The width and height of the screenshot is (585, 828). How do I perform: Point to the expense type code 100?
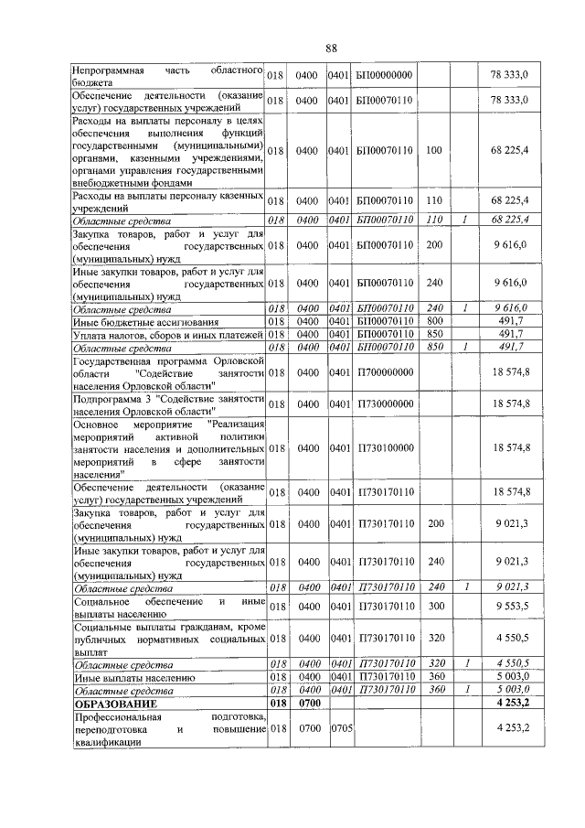pos(434,149)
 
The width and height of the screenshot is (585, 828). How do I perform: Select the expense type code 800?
pos(434,321)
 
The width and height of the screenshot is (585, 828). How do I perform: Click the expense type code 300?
pos(434,606)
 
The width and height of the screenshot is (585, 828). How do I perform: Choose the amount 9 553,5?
pos(512,606)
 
